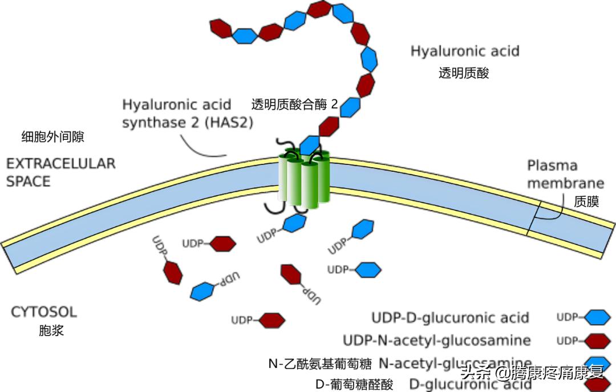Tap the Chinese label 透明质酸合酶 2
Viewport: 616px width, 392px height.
coord(294,104)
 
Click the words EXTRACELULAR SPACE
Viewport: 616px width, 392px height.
coord(60,172)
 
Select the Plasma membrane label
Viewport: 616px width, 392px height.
coord(565,174)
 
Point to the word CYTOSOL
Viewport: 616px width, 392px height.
coord(44,312)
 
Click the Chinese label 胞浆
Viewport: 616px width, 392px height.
coord(51,330)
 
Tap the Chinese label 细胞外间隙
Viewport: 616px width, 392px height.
coord(52,136)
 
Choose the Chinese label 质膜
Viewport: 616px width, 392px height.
coord(586,201)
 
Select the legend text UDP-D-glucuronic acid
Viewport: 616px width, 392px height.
coord(450,318)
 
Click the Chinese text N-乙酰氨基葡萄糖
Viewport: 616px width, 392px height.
coord(320,363)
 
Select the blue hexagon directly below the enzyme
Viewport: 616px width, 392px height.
coord(294,223)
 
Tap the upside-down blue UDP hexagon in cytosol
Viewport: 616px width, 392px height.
coord(202,290)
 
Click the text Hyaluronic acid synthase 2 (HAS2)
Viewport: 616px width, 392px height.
coord(188,114)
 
